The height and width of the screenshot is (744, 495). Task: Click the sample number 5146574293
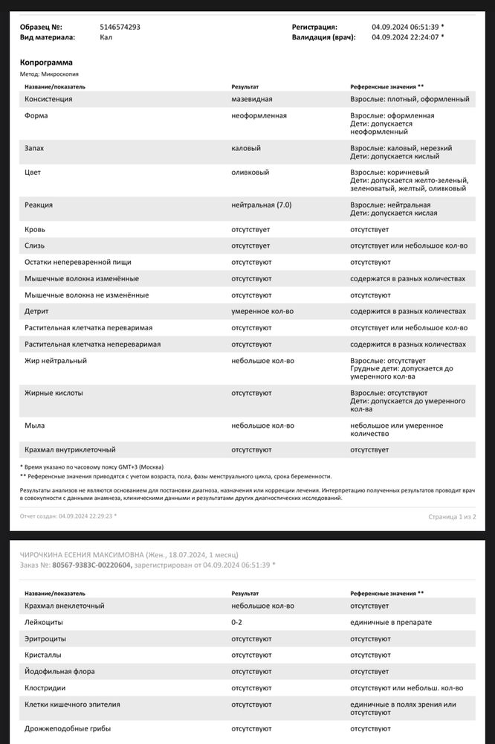coord(120,27)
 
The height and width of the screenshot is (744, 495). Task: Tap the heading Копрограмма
coord(46,62)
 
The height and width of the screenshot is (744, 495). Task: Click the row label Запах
coord(34,148)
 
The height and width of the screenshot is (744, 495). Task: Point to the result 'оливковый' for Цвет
coord(250,172)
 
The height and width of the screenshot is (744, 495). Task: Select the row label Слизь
coord(35,246)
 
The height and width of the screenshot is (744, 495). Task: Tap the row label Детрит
coord(36,311)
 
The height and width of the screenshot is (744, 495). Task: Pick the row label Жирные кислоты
coord(54,393)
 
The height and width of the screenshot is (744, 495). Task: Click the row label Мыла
coord(34,426)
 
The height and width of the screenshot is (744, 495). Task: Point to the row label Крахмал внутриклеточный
coord(70,449)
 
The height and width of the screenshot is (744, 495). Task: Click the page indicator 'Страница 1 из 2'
coord(452,516)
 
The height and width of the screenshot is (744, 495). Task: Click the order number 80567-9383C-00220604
coord(92,565)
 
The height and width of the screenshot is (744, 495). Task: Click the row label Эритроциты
coord(45,638)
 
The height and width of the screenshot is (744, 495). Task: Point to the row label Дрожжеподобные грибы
coord(68,728)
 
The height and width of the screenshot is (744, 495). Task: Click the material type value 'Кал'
coord(106,36)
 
